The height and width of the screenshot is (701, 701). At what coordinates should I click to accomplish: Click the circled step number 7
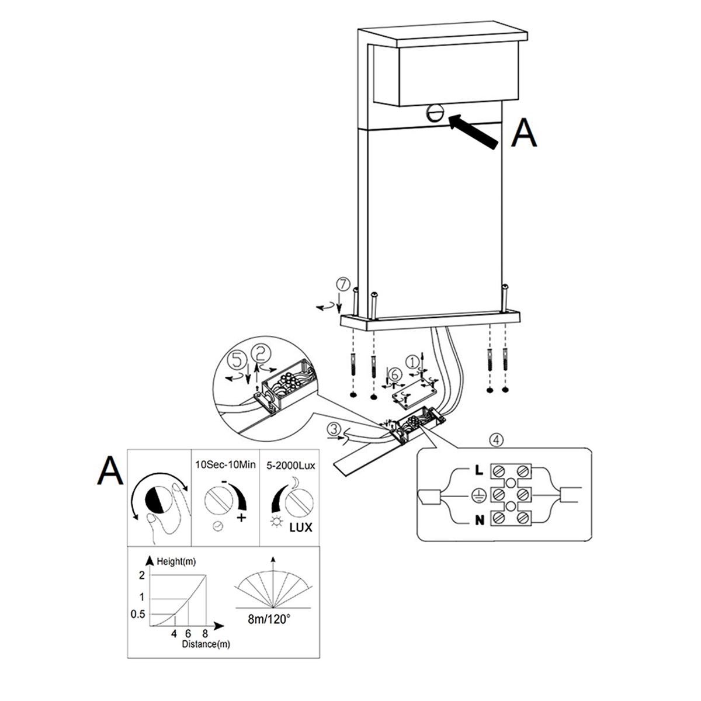pyautogui.click(x=343, y=285)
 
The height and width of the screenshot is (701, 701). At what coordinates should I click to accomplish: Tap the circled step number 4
pyautogui.click(x=496, y=440)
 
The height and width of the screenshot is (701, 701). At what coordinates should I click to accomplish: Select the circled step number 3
pyautogui.click(x=333, y=429)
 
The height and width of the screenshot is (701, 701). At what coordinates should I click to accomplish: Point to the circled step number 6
pyautogui.click(x=394, y=374)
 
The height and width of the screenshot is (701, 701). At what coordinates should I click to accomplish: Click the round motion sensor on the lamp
pyautogui.click(x=436, y=114)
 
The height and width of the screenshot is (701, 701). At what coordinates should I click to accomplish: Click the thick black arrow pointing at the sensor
pyautogui.click(x=473, y=131)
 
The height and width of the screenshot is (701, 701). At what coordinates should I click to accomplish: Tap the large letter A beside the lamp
pyautogui.click(x=524, y=133)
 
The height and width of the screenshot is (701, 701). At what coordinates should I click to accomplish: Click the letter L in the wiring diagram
pyautogui.click(x=479, y=471)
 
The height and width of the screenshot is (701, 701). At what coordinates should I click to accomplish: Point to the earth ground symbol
pyautogui.click(x=478, y=495)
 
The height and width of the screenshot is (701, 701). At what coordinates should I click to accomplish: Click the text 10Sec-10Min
pyautogui.click(x=225, y=464)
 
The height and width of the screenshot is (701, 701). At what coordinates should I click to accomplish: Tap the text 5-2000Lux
pyautogui.click(x=291, y=466)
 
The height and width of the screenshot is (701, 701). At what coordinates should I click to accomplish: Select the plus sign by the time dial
pyautogui.click(x=241, y=518)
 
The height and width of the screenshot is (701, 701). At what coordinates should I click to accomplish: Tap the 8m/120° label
pyautogui.click(x=269, y=619)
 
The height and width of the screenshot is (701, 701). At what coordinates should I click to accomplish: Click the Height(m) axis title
pyautogui.click(x=176, y=562)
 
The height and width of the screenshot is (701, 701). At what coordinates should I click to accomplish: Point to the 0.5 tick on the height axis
pyautogui.click(x=138, y=614)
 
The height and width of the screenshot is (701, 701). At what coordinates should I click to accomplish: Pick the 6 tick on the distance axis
pyautogui.click(x=188, y=633)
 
